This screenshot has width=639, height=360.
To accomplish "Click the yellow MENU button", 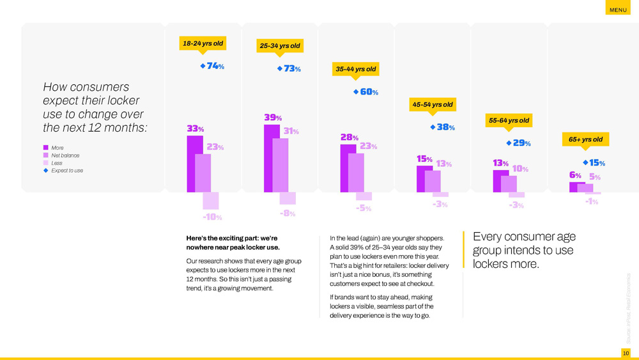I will coord(618,9).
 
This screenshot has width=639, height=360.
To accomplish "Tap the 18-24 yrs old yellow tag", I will coord(203,43).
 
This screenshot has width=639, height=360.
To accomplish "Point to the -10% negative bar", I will coord(211,201).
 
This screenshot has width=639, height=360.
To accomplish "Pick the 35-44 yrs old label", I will coord(356,69).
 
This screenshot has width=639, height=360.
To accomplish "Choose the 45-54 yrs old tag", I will coord(433,104).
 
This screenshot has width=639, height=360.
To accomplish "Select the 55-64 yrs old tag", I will coord(509,120).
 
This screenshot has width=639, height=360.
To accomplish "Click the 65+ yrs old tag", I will coord(585,139).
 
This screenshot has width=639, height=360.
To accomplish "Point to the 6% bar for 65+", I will coord(577,187).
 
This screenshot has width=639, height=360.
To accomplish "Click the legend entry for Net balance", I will coord(65,155).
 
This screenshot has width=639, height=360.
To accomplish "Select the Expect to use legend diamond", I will coord(46,171).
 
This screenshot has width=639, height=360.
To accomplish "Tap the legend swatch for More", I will coord(46,148).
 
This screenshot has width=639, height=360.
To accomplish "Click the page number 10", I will coord(626,353).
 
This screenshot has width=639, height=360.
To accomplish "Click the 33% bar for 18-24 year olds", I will coord(194,164).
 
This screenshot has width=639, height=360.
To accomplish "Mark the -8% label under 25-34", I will coord(288,214).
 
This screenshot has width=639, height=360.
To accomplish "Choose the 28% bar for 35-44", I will coord(348,168).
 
